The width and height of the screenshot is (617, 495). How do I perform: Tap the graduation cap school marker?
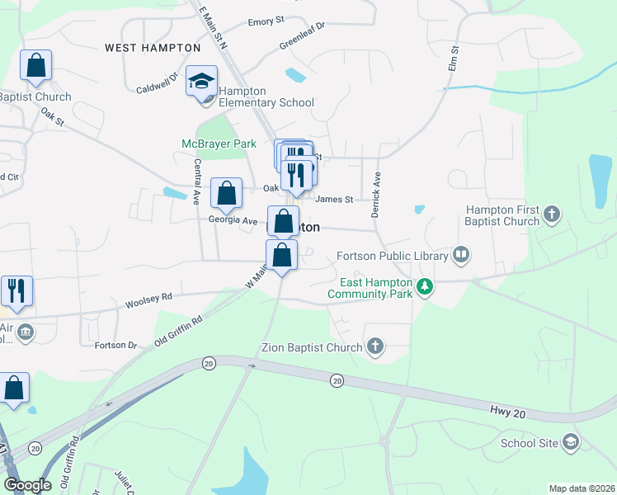[201, 82]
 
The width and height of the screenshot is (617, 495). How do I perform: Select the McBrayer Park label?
[219, 144]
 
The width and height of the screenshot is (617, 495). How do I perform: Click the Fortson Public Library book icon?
[461, 255]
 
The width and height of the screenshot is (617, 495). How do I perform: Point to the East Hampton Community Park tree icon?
[425, 287]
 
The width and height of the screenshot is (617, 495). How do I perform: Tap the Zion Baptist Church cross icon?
[375, 346]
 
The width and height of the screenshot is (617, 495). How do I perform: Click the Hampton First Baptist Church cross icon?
[552, 215]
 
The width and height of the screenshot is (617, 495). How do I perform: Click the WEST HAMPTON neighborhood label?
[153, 48]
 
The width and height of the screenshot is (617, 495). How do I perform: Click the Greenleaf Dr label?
[302, 34]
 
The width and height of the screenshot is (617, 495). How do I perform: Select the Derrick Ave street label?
[376, 194]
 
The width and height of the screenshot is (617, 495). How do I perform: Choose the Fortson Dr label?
[115, 344]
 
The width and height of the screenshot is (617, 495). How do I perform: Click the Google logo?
[28, 485]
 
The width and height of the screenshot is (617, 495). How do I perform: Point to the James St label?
[334, 199]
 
